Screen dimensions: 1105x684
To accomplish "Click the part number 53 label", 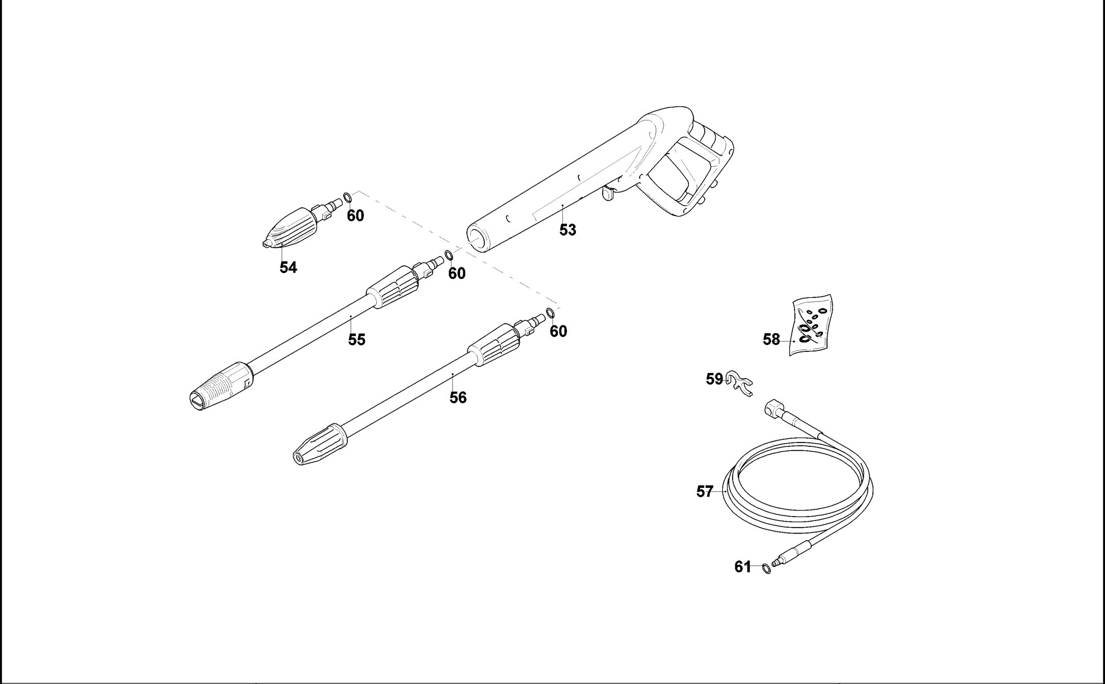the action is [x=567, y=230].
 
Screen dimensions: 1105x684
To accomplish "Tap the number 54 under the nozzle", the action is [x=288, y=267].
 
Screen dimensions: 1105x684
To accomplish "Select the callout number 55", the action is [x=356, y=339].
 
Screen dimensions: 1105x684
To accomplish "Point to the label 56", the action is [x=458, y=397].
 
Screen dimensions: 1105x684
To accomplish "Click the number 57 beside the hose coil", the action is [x=705, y=491].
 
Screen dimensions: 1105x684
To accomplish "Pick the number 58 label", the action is [x=771, y=339].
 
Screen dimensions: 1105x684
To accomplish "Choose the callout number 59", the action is [x=714, y=379].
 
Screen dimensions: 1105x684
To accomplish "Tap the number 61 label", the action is [x=743, y=567].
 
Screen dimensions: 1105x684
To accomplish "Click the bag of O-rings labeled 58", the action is [x=812, y=327].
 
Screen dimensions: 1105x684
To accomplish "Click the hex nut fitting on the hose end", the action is [x=774, y=409].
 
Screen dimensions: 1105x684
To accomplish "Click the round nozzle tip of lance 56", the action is [x=299, y=457].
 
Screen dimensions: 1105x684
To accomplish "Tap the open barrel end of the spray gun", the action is [x=476, y=239].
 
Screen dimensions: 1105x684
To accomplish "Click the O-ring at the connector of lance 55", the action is [x=449, y=255].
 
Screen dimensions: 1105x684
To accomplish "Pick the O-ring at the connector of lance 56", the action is [x=550, y=313].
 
